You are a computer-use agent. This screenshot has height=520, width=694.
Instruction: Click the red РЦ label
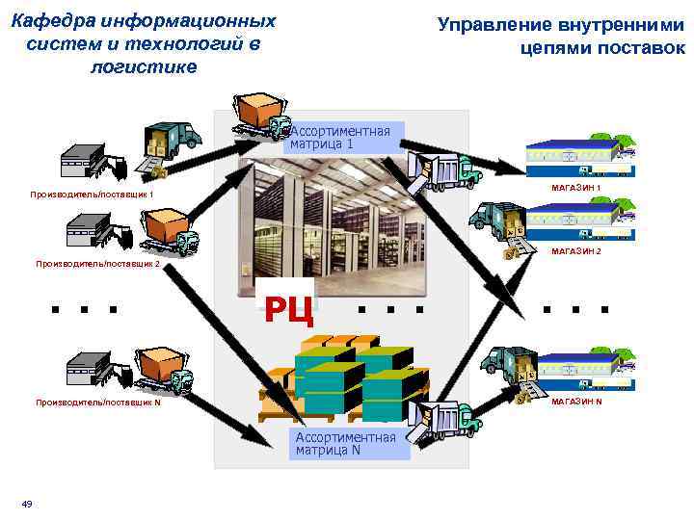coord(288,308)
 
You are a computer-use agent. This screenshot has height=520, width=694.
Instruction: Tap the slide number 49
coord(27,504)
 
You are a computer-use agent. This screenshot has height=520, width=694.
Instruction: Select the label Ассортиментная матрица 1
coord(340,138)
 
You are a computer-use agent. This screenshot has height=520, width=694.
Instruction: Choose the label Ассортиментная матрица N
coord(346,443)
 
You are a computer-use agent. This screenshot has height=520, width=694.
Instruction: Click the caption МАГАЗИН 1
coord(575,187)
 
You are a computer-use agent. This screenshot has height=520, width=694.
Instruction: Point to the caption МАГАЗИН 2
coord(575,251)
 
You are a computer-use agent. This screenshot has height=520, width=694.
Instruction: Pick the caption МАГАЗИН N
coord(576,401)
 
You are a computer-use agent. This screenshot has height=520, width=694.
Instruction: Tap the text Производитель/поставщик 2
coord(97,263)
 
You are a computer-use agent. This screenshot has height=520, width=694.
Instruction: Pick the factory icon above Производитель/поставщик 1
coord(87,159)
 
